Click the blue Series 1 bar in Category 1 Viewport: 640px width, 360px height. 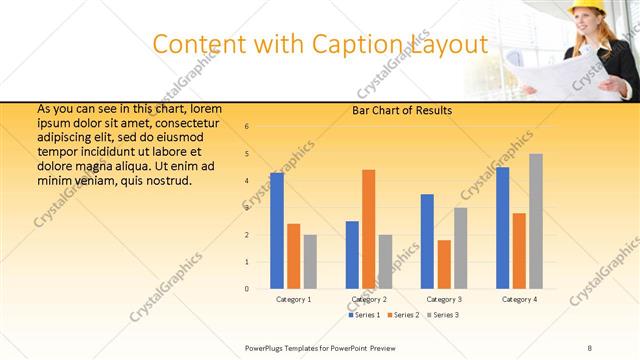pos(277,231)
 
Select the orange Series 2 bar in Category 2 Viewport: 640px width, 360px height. pos(368,229)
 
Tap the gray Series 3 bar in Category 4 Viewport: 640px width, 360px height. pos(536,221)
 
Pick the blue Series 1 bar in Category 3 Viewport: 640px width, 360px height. pos(427,241)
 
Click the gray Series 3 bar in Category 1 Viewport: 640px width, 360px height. pos(310,262)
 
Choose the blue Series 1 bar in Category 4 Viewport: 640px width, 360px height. pos(502,228)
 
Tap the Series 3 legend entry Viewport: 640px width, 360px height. pos(444,315)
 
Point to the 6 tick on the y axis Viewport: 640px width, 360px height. pos(247,127)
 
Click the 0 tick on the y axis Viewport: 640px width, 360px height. pos(247,289)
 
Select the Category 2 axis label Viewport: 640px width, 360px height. pos(369,299)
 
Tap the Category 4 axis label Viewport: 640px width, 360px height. pos(519,299)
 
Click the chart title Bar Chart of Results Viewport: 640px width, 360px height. pos(402,110)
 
